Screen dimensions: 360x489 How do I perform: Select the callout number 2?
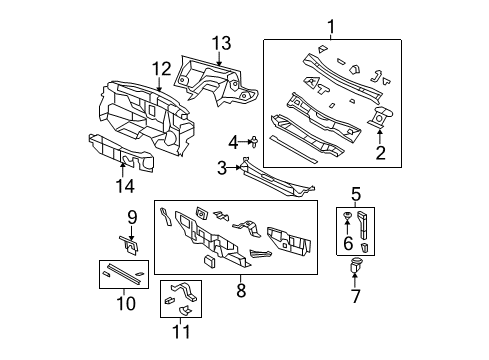coord(380,153)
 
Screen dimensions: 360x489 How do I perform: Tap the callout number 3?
coord(222,167)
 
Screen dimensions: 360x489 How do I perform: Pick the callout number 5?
coord(355,192)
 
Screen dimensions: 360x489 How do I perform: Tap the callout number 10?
coord(125,302)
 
